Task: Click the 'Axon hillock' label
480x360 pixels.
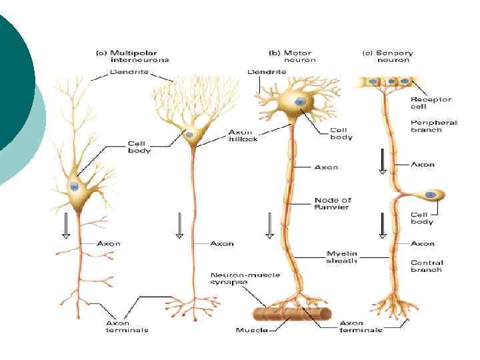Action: point(243,135)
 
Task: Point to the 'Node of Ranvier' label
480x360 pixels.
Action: point(332,203)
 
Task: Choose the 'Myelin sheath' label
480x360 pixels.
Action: point(341,257)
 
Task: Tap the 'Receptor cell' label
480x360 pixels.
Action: point(431,103)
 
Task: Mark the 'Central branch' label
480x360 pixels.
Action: point(427,266)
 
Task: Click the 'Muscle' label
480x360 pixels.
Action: point(252,330)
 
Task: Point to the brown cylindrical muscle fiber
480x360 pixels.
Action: point(294,313)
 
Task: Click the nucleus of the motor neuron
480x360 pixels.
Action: point(300,101)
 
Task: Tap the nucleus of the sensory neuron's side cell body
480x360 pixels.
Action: point(432,195)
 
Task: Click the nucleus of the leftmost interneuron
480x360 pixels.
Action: point(75,187)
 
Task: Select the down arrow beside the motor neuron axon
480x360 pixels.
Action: point(269,225)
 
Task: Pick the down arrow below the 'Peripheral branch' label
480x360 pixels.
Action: point(383,161)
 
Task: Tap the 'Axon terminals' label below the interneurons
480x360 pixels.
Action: point(127,327)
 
